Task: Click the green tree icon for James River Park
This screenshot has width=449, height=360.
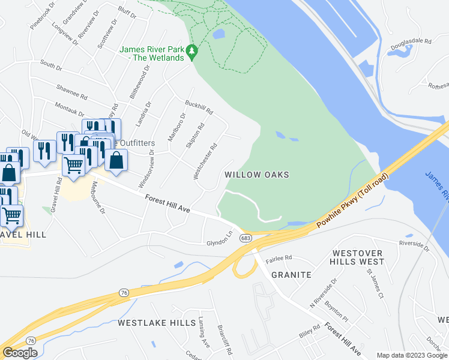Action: [192, 52]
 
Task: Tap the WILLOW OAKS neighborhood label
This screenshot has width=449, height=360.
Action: [257, 175]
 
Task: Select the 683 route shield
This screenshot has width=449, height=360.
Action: [247, 239]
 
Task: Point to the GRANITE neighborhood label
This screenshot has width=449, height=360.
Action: [291, 275]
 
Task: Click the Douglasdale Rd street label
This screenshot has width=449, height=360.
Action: [411, 42]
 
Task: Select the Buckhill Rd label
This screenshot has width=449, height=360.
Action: [199, 107]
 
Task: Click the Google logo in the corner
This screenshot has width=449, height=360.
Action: [20, 353]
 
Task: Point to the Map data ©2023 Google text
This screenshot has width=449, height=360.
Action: [411, 355]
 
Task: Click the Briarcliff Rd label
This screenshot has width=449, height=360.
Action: [224, 338]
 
